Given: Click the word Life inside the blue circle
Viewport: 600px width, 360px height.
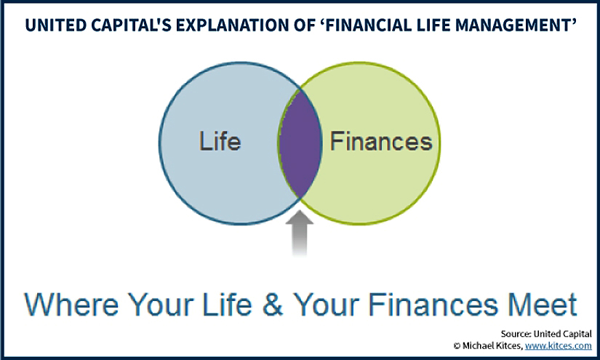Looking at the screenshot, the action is point(220,141).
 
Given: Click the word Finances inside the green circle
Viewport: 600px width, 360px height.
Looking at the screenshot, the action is point(381,141).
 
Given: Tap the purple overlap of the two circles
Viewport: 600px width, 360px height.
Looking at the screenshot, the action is point(300,143).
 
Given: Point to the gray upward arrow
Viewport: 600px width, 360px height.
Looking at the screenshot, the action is point(300,233).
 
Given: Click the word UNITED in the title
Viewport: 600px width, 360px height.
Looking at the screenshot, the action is point(50,25).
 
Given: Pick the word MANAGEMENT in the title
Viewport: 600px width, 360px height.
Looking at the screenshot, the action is point(517,25).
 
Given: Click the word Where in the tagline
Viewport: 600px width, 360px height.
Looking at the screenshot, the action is point(71,305).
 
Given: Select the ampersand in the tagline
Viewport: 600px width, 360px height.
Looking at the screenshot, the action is point(273,305).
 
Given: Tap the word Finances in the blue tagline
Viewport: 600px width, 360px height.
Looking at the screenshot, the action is point(433,305).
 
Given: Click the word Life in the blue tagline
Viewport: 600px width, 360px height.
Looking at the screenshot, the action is point(228,305).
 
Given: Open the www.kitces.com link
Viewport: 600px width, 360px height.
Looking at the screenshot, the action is point(559,346).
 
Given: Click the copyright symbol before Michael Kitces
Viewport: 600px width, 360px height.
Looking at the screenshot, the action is point(457,346).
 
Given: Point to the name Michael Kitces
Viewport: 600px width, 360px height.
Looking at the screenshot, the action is point(492,346).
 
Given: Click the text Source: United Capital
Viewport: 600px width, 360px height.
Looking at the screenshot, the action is point(546,334).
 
